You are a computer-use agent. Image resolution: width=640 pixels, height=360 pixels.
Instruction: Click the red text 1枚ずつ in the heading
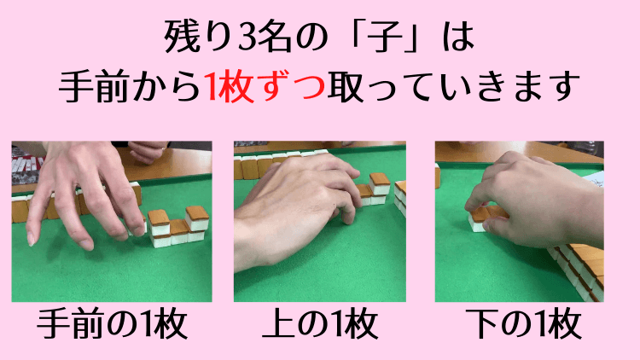pyautogui.click(x=265, y=86)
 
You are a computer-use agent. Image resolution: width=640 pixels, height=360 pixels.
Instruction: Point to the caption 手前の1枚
pyautogui.click(x=111, y=327)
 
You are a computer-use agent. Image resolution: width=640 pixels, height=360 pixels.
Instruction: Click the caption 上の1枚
pyautogui.click(x=320, y=327)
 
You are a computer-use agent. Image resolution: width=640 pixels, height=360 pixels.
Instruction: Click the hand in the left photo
pyautogui.click(x=81, y=192)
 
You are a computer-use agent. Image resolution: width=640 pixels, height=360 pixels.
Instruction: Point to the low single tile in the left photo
pyautogui.click(x=178, y=232)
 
